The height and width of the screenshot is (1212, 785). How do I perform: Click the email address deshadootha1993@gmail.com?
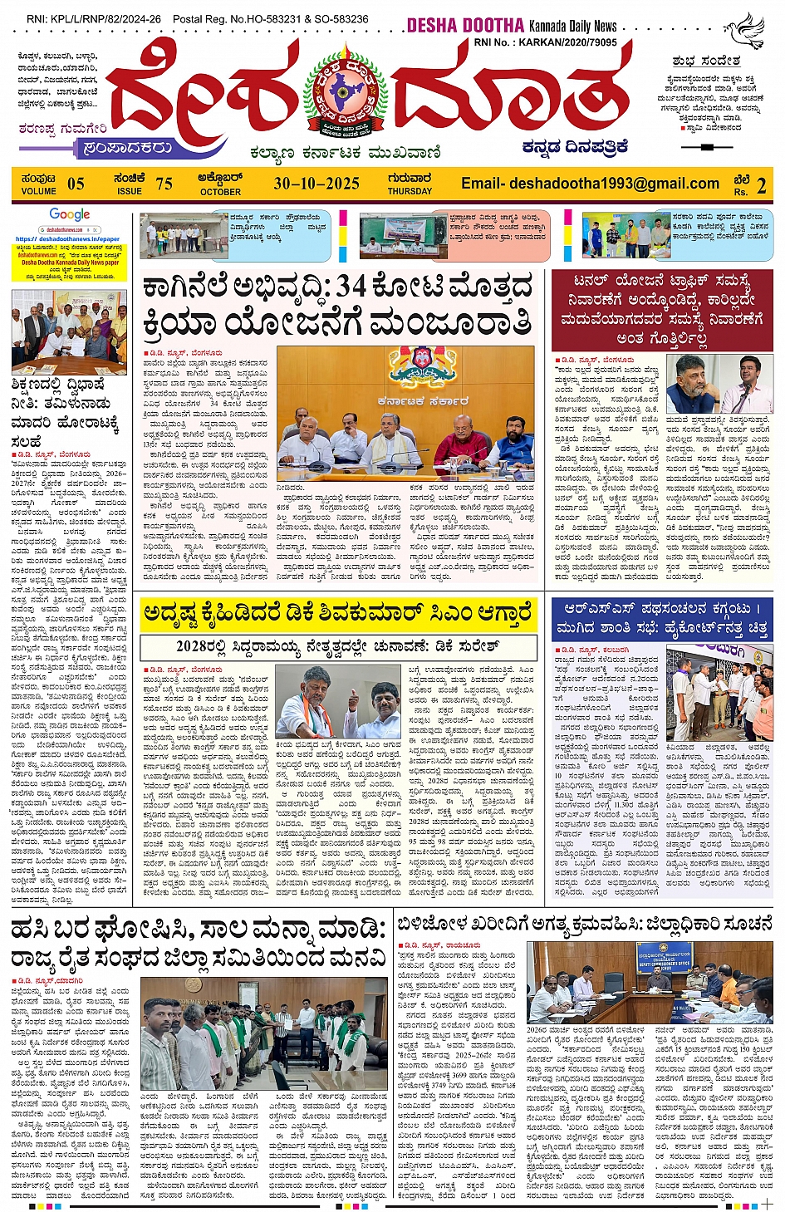(590, 184)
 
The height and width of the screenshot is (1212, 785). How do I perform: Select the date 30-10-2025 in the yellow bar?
(316, 184)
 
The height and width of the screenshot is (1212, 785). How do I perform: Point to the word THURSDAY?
(410, 191)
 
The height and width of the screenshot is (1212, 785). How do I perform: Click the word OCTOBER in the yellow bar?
(220, 192)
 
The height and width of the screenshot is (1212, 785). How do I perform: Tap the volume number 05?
(76, 184)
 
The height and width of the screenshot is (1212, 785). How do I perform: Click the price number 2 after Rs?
(761, 185)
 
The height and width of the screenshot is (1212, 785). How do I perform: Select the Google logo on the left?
(70, 215)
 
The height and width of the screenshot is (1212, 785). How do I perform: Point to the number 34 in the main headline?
(350, 287)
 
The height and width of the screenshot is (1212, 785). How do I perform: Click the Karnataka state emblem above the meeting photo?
(421, 366)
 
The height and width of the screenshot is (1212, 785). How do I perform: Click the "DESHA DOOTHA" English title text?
(465, 26)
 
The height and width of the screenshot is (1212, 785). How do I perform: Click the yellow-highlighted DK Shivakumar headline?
(337, 614)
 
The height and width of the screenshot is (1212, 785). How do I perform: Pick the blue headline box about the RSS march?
(663, 618)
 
